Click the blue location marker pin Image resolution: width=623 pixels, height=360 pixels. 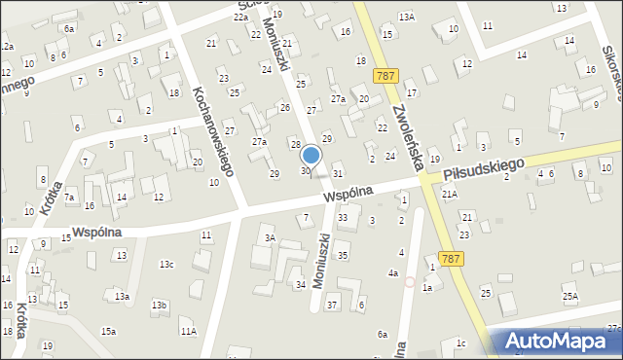pos(311,156)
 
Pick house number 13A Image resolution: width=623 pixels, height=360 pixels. pos(406,17)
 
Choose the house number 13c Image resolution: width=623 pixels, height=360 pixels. pos(167,264)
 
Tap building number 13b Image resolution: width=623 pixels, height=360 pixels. pos(159,306)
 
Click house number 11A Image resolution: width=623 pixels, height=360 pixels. pos(188,332)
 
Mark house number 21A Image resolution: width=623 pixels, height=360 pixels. pos(449,195)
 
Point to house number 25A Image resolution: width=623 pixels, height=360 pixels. pos(569,295)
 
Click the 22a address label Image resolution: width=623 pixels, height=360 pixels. pos(240,17)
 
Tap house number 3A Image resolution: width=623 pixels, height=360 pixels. pos(271,237)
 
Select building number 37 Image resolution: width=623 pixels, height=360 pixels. pos(332,306)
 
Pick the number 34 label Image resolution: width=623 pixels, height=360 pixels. pos(301,284)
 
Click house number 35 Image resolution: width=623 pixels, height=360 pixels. pos(342,255)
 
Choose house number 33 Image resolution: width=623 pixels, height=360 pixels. pos(342,217)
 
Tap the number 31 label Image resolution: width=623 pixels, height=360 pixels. pos(338,173)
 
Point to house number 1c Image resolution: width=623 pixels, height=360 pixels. pos(460,342)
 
